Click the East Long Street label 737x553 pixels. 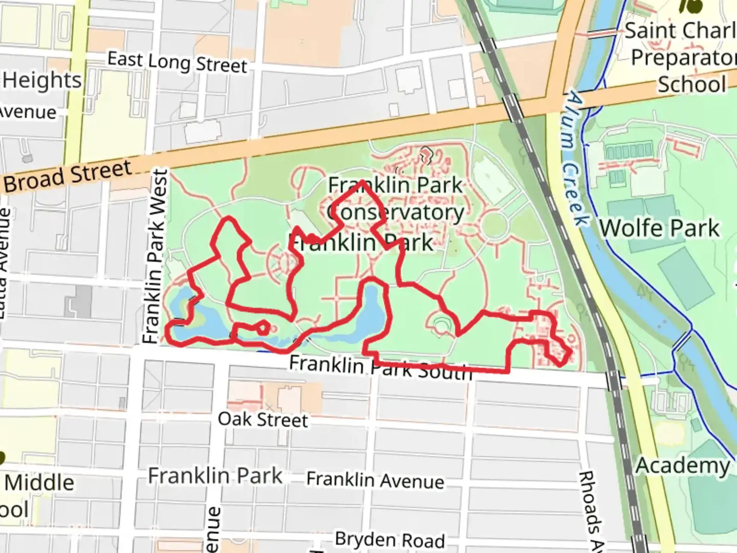click(177, 62)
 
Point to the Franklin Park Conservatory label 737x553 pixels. click(395, 199)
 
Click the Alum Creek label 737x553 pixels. click(576, 158)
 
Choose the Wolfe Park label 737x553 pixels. click(659, 228)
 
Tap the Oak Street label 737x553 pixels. click(263, 419)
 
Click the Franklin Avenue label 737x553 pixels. click(375, 480)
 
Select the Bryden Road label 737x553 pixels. click(389, 540)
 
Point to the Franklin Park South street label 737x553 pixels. click(380, 367)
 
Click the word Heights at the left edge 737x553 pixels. click(42, 80)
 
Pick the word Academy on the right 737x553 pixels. click(683, 466)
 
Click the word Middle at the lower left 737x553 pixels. click(40, 482)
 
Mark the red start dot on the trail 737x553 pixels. click(311, 238)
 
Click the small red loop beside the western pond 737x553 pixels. click(263, 327)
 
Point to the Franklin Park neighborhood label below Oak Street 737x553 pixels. click(215, 476)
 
